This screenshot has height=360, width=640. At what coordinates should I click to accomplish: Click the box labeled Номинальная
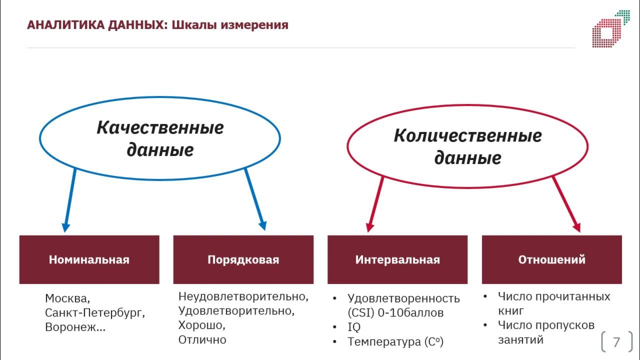pyautogui.click(x=89, y=259)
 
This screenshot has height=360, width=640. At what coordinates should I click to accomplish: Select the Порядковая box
pyautogui.click(x=243, y=259)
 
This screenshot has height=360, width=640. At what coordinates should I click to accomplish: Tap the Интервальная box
pyautogui.click(x=397, y=259)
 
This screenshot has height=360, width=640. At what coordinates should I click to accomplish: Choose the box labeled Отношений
pyautogui.click(x=551, y=259)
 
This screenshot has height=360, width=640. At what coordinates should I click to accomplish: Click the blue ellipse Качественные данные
pyautogui.click(x=160, y=138)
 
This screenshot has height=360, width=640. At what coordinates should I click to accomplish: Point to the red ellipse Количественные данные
pyautogui.click(x=467, y=146)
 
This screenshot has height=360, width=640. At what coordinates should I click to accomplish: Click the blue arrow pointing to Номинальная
pyautogui.click(x=69, y=200)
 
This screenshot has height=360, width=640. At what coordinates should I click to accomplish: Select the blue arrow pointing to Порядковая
pyautogui.click(x=255, y=200)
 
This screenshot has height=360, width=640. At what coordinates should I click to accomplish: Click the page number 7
pyautogui.click(x=616, y=342)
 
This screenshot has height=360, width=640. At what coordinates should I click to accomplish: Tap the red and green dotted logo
pyautogui.click(x=610, y=29)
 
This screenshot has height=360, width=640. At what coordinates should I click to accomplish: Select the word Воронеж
pyautogui.click(x=72, y=328)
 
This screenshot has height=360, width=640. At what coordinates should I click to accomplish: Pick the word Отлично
pyautogui.click(x=202, y=340)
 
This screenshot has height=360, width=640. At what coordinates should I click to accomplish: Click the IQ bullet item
pyautogui.click(x=354, y=327)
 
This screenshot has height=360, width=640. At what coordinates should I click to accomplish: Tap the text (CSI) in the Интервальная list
pyautogui.click(x=360, y=313)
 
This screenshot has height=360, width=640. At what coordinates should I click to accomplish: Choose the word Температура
pyautogui.click(x=384, y=342)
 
